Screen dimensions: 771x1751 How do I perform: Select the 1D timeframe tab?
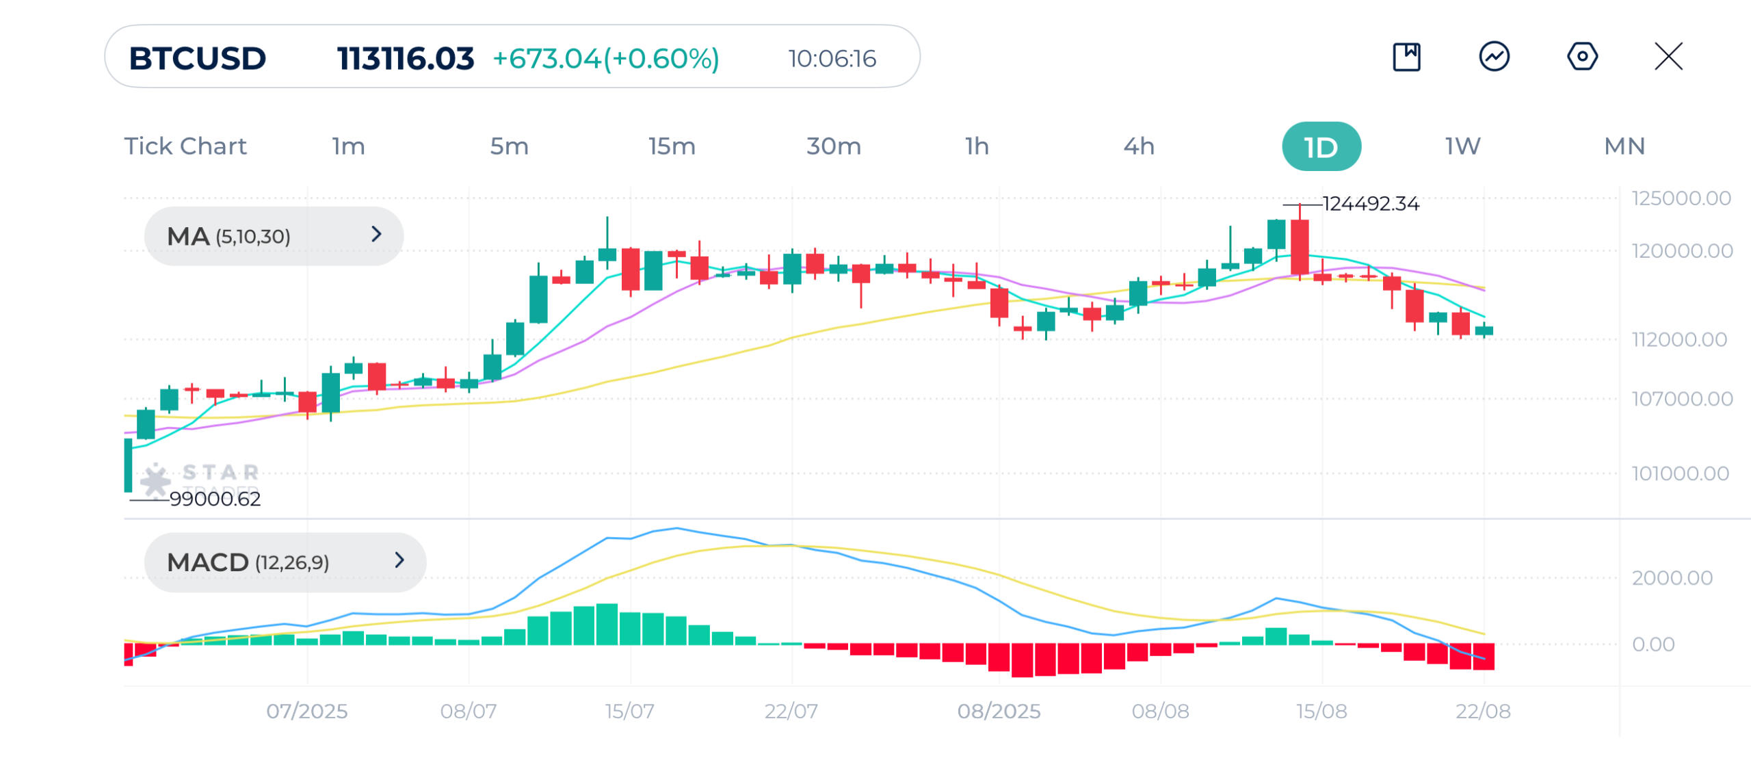click(1321, 146)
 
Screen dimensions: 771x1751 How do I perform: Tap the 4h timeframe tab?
click(1139, 146)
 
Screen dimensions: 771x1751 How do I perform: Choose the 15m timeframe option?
click(672, 146)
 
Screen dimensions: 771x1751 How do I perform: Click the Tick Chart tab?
click(185, 146)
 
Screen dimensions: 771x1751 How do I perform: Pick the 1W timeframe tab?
click(1462, 146)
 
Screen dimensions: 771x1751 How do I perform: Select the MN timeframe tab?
click(1624, 146)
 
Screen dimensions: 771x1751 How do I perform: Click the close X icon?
click(1668, 56)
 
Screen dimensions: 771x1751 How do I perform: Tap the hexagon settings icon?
click(1582, 56)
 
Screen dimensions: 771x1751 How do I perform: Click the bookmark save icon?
click(1406, 56)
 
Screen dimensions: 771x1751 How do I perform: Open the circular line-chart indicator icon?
click(1495, 56)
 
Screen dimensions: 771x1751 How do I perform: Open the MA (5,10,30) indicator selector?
click(274, 236)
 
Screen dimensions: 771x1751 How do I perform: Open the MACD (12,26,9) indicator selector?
click(285, 562)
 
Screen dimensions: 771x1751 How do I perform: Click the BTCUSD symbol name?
click(198, 58)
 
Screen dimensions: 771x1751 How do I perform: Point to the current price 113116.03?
click(405, 58)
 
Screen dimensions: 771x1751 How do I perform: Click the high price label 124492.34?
click(1371, 204)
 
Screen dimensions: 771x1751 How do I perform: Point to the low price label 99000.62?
click(215, 499)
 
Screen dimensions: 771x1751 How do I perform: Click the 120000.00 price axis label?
click(1682, 251)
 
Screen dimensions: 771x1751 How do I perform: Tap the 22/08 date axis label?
click(1483, 711)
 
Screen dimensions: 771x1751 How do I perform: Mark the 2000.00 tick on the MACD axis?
click(1672, 578)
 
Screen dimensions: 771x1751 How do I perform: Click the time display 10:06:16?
click(832, 59)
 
